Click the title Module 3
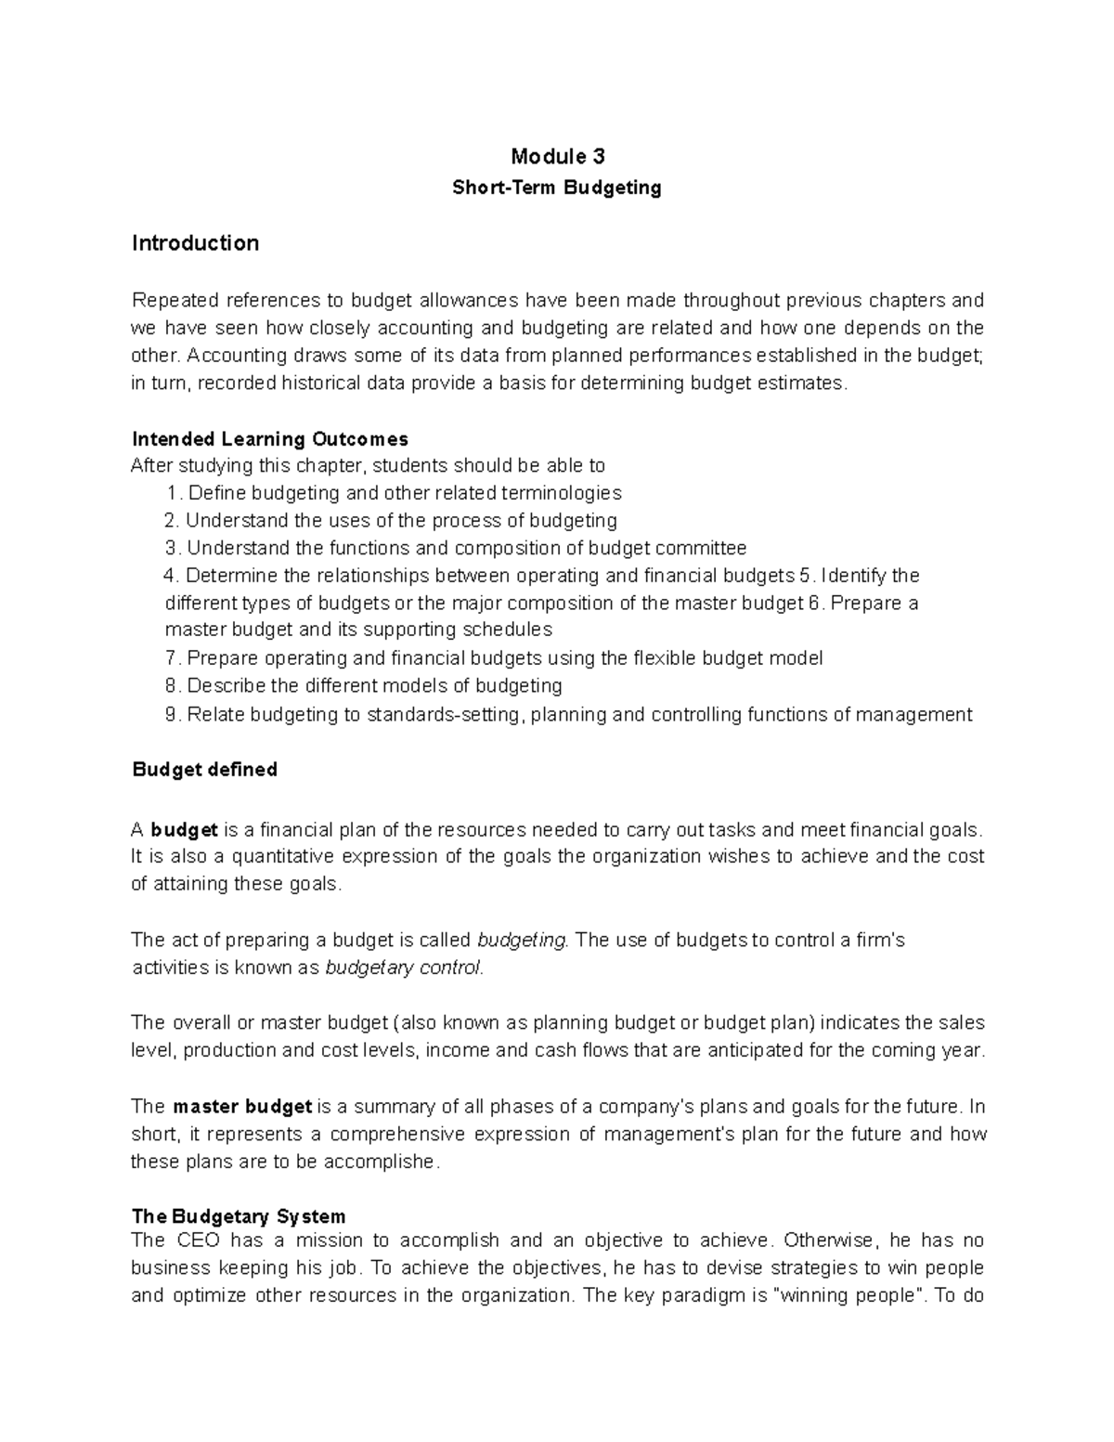(557, 156)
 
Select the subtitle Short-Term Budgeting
(557, 188)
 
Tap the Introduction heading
(195, 243)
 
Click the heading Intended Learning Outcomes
(270, 438)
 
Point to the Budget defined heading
(204, 770)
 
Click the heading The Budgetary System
(239, 1216)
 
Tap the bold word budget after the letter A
(184, 829)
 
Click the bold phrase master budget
(242, 1107)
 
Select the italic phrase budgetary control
(404, 968)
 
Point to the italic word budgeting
(521, 940)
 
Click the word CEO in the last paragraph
(195, 1241)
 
